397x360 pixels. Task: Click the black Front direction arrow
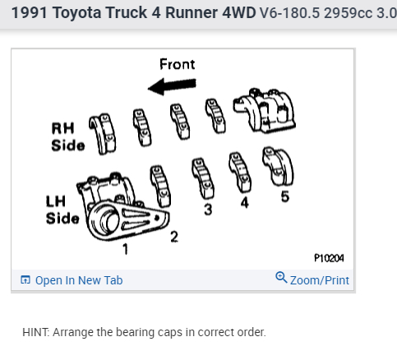pyautogui.click(x=172, y=86)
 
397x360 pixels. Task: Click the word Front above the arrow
pyautogui.click(x=178, y=64)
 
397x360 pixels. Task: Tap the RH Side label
pyautogui.click(x=67, y=136)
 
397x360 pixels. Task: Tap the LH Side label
pyautogui.click(x=62, y=210)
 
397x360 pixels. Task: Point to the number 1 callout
pyautogui.click(x=125, y=249)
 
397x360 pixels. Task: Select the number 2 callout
pyautogui.click(x=174, y=237)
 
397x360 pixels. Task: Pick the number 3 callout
pyautogui.click(x=208, y=210)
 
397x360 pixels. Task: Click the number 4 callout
pyautogui.click(x=245, y=203)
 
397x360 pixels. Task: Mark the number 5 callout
pyautogui.click(x=285, y=196)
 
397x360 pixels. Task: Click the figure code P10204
pyautogui.click(x=329, y=258)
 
